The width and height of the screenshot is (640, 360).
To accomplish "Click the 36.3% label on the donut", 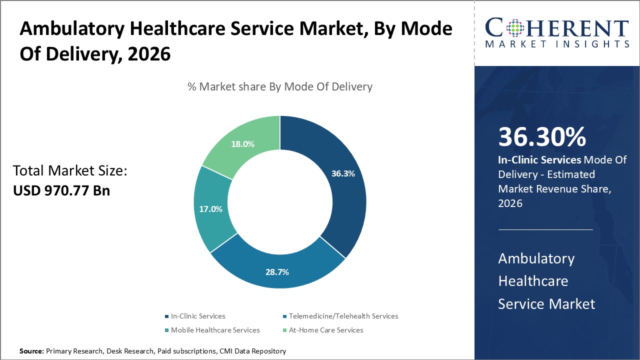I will coord(343,174).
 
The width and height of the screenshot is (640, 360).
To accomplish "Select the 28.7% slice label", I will coord(277,272).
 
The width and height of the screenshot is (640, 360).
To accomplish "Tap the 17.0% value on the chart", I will coord(210,209).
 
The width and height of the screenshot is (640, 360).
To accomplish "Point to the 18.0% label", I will coord(242,144).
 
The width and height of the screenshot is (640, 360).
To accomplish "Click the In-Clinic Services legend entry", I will coord(198,316).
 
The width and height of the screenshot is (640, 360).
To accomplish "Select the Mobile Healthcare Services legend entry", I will coord(215,330).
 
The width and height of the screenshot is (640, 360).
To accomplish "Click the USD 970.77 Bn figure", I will coord(61,190).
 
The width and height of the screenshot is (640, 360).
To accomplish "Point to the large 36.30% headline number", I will coord(542,137).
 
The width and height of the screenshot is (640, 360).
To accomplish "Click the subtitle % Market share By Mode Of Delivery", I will coord(280,86).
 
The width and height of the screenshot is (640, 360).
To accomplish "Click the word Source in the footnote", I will coord(31,351).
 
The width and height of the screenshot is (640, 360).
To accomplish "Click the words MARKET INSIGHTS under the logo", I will coord(557,44).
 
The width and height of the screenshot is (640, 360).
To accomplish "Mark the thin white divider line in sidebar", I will coord(545,230).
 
